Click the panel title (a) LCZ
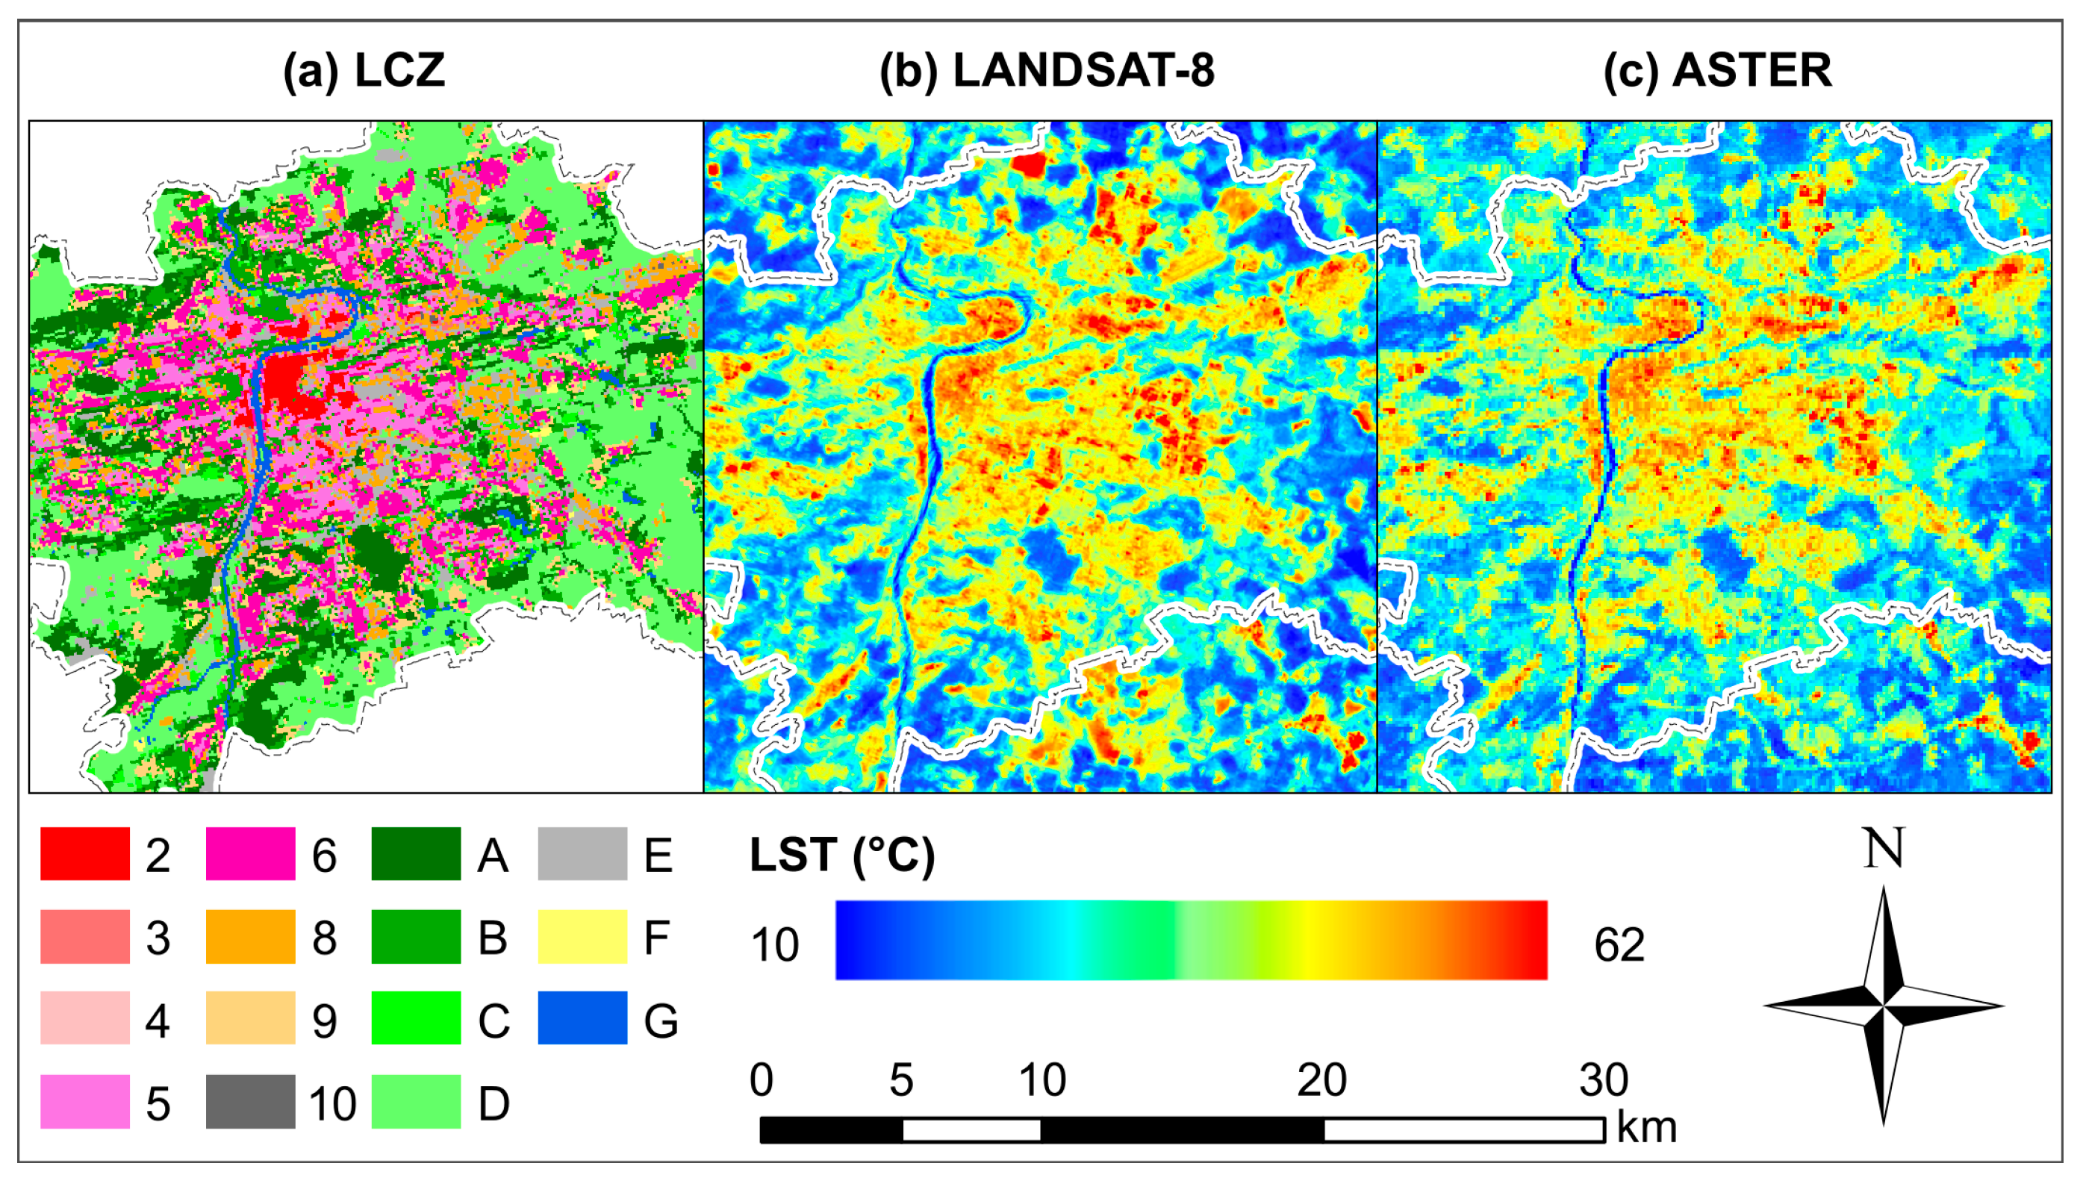pos(364,71)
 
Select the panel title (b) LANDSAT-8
pos(1047,71)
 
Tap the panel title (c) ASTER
pos(1717,71)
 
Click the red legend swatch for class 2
pos(85,854)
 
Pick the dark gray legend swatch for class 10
pos(250,1102)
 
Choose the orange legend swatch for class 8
pos(250,937)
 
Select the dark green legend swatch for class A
pos(417,854)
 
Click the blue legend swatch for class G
pos(582,1018)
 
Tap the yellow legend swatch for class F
pos(582,937)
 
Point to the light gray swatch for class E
pos(582,854)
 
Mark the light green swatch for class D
pos(417,1102)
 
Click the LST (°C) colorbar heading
pos(841,856)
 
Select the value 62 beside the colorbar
pos(1619,945)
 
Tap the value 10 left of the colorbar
pos(775,945)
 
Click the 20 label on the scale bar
pos(1321,1080)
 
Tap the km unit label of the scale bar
pos(1646,1127)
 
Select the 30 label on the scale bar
pos(1604,1080)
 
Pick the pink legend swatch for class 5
pos(85,1102)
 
